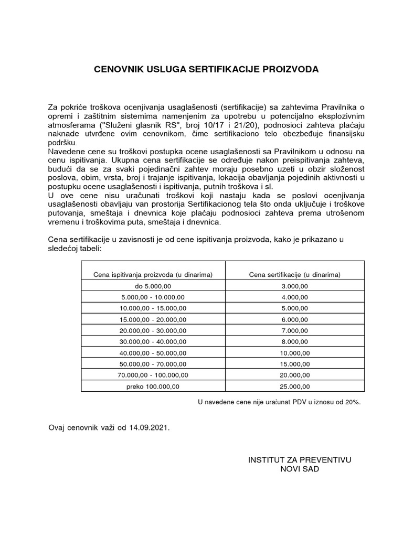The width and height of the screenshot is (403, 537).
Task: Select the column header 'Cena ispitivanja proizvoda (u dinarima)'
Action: (152, 274)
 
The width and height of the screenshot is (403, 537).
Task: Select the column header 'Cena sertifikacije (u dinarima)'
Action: (294, 274)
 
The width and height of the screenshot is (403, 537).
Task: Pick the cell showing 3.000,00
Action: (294, 286)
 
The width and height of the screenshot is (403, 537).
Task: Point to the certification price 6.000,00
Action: (294, 319)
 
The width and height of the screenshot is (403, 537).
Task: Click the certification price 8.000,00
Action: (294, 341)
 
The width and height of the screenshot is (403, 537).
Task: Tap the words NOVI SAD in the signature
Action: (300, 469)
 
